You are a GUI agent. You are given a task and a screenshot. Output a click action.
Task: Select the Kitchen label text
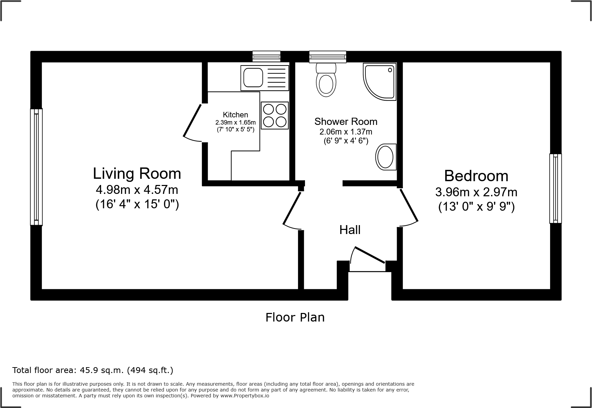pos(235,115)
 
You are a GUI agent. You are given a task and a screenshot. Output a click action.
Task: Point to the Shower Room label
pos(346,121)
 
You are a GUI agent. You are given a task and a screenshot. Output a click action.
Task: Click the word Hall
pos(350,230)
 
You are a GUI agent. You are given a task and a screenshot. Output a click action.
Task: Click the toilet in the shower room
pos(326,80)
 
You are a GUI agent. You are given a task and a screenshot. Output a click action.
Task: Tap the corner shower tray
pos(380,82)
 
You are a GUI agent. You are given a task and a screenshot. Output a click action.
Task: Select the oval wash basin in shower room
pos(386,157)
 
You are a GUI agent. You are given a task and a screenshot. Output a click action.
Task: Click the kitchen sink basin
pos(253,78)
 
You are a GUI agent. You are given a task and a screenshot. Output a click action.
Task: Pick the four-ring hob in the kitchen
pos(275,115)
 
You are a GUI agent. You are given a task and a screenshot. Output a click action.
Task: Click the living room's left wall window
pos(36,167)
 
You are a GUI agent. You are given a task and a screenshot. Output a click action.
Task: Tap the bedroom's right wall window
pos(556,188)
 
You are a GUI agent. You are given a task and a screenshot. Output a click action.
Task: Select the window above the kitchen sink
pos(266,56)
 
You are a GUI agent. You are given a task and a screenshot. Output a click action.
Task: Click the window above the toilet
pos(328,57)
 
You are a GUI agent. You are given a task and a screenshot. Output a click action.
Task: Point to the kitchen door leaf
pos(193,121)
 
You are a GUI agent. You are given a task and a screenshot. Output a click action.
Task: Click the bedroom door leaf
pos(409,205)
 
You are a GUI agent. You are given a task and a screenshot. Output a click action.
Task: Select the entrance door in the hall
pos(370,255)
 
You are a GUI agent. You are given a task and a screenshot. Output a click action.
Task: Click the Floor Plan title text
pos(295,317)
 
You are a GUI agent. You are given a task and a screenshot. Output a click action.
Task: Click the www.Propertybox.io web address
pos(245,396)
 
